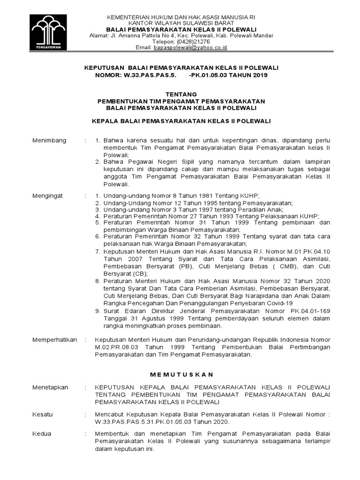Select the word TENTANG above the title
181,94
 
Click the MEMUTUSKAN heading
181,374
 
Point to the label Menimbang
49,141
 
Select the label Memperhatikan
54,339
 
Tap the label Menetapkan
50,387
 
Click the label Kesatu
43,414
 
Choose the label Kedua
42,434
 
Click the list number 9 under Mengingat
97,310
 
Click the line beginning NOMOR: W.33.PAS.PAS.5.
181,75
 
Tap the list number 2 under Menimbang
97,162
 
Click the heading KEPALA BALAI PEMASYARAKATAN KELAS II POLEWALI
181,121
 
